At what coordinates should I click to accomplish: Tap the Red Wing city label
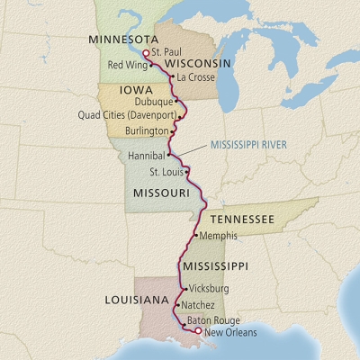(x=126, y=66)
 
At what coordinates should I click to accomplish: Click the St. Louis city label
(x=166, y=172)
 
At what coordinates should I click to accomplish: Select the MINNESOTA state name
(x=122, y=40)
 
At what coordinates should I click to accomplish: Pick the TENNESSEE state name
(x=242, y=219)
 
